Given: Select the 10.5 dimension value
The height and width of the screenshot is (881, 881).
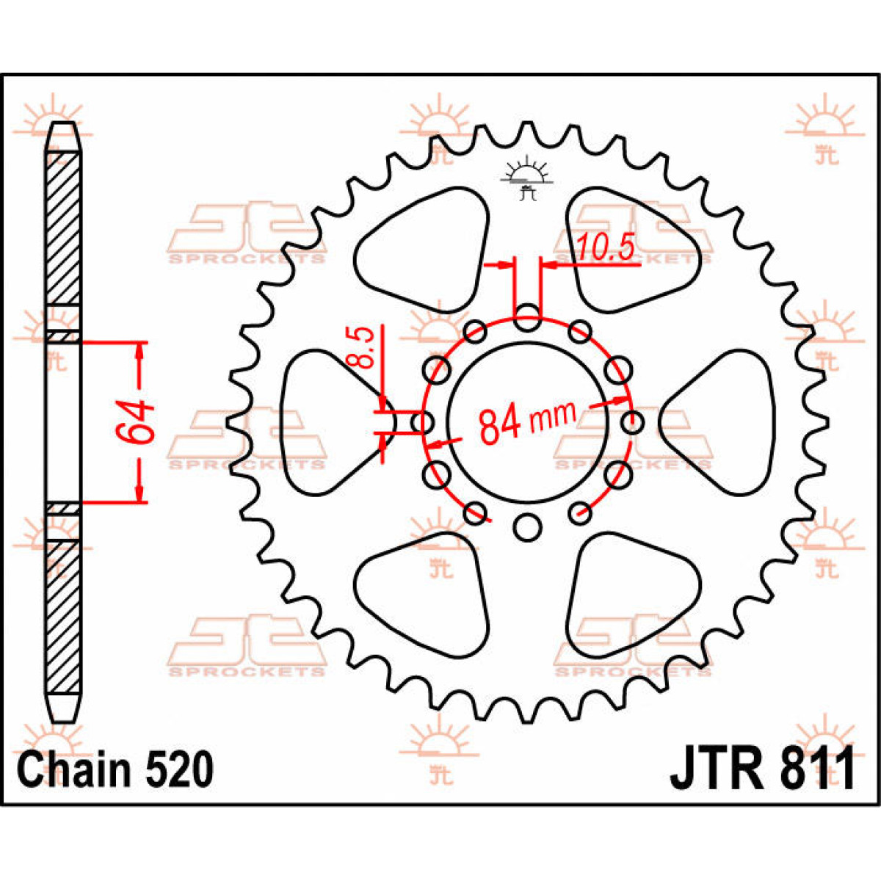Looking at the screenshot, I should click(604, 248).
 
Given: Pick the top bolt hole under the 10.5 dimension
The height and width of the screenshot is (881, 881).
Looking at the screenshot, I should click(527, 319).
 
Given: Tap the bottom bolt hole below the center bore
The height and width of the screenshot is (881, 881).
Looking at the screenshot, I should click(526, 526).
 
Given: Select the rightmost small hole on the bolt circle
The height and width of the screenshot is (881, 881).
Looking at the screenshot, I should click(632, 423).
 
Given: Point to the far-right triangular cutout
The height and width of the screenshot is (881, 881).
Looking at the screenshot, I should click(723, 423).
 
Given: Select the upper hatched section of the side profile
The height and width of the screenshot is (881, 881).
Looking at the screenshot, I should click(64, 228).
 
